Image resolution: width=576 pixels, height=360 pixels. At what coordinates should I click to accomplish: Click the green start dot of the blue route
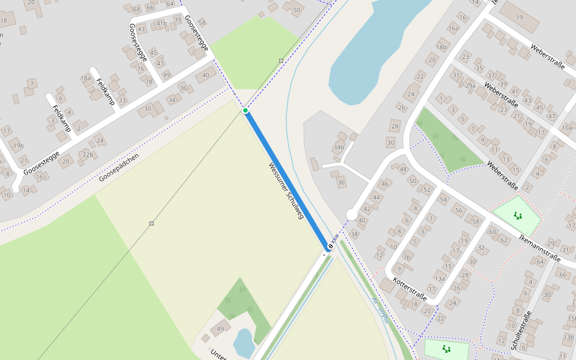(x=245, y=110)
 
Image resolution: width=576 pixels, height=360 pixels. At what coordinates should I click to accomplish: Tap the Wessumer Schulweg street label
(x=286, y=190)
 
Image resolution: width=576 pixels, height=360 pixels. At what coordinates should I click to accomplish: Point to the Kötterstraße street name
(x=410, y=289)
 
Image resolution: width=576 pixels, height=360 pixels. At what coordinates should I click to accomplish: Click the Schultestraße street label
(x=521, y=331)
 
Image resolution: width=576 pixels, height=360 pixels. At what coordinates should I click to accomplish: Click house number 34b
(x=339, y=147)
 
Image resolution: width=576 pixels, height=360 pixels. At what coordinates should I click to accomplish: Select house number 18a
(x=86, y=78)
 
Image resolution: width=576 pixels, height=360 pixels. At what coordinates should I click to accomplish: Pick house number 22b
(x=88, y=155)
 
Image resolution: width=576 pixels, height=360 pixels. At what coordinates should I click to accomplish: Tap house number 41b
(x=161, y=23)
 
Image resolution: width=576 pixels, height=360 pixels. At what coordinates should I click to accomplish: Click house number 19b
(x=18, y=145)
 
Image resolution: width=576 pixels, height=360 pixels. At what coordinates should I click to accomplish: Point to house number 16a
(x=453, y=28)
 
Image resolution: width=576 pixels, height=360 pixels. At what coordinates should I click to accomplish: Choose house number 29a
(x=470, y=86)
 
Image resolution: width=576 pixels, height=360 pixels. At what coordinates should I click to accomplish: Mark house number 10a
(x=566, y=127)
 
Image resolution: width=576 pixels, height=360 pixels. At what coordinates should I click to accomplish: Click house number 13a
(x=440, y=278)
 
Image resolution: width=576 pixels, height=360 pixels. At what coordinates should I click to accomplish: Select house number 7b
(x=407, y=259)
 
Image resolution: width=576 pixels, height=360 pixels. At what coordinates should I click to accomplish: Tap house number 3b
(x=547, y=295)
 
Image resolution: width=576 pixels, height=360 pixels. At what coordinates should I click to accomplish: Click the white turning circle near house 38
(x=352, y=214)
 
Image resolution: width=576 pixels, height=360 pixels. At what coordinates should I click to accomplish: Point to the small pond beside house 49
(x=244, y=343)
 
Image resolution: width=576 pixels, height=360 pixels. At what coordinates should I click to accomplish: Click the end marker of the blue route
(x=330, y=246)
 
